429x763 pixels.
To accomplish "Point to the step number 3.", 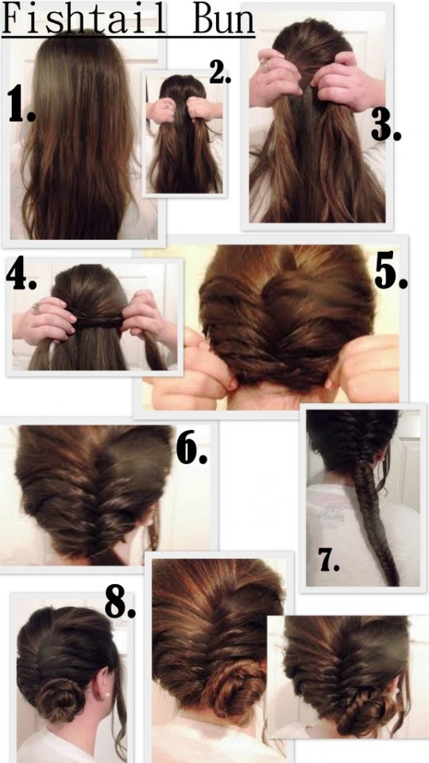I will coord(385,126).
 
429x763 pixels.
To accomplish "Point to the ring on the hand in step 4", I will coord(37,308).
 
